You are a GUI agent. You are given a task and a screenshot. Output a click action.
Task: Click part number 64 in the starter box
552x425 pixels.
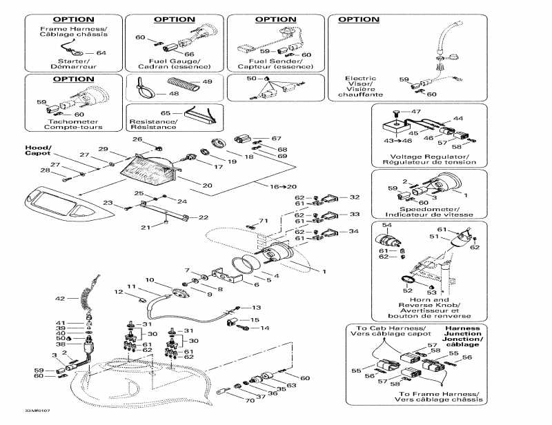click(101, 52)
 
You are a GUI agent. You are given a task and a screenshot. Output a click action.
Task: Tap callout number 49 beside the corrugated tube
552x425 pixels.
click(206, 82)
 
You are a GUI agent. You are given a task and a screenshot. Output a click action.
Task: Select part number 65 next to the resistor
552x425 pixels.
click(166, 112)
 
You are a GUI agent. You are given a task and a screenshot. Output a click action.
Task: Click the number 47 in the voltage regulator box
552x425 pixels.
click(416, 111)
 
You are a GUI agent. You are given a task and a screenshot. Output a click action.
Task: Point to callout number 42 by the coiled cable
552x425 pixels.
click(60, 299)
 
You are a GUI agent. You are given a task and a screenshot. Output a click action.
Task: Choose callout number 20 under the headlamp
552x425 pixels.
click(207, 185)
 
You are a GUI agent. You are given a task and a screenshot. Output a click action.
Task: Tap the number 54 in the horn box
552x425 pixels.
click(387, 226)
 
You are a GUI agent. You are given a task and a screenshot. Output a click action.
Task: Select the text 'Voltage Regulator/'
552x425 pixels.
click(429, 157)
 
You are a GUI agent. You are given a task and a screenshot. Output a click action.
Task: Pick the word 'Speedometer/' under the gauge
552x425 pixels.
click(429, 208)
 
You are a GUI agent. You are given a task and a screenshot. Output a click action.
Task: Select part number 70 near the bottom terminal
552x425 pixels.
click(249, 399)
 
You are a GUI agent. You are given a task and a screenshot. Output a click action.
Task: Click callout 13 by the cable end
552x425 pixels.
click(257, 307)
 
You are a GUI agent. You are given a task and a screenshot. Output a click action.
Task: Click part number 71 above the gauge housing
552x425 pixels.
click(262, 221)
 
